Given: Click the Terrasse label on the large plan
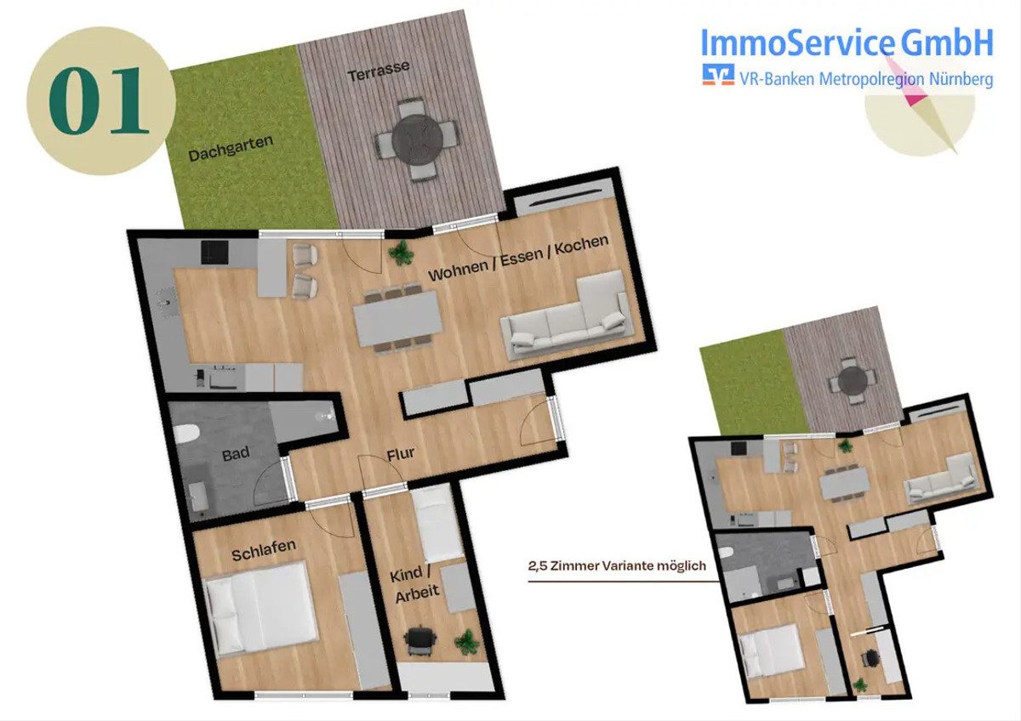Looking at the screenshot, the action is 379,71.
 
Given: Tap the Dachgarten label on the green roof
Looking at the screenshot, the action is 231,149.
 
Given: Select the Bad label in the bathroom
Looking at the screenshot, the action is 236,454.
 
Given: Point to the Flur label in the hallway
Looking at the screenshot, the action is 401,454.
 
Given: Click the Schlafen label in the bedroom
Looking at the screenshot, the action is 264,550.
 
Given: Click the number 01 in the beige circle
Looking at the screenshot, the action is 100,100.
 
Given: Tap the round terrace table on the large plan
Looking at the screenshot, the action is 417,139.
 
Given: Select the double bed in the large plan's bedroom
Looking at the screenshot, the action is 261,610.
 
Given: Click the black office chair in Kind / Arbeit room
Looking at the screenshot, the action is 420,642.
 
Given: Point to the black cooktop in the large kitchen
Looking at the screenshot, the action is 214,253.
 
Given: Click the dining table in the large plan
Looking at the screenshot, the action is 398,319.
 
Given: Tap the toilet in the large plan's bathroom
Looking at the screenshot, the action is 187,434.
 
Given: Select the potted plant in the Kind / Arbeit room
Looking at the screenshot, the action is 467,642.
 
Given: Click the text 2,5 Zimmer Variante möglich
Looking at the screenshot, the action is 617,565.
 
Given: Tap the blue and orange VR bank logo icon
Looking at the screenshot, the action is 718,75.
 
